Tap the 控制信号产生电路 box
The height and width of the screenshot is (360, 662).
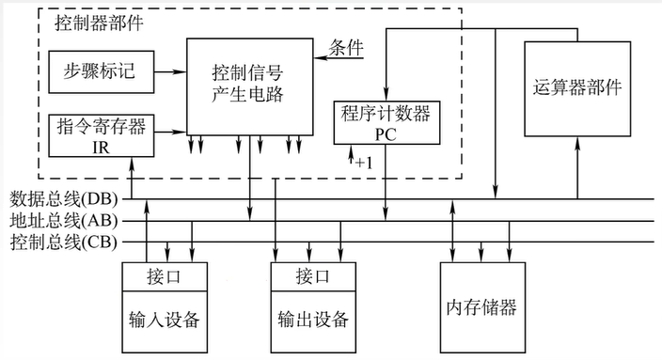coord(248,86)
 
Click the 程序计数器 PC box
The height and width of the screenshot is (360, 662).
coord(384,122)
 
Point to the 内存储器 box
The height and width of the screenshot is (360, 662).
coord(481,306)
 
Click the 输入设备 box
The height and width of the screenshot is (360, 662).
coord(165,318)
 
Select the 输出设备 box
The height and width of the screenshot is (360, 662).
coord(313,318)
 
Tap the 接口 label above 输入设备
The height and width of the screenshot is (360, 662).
coord(165,277)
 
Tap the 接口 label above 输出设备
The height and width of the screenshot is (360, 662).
coord(313,277)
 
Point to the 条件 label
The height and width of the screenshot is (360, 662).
coord(347,48)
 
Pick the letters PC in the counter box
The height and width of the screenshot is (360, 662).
coord(384,133)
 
